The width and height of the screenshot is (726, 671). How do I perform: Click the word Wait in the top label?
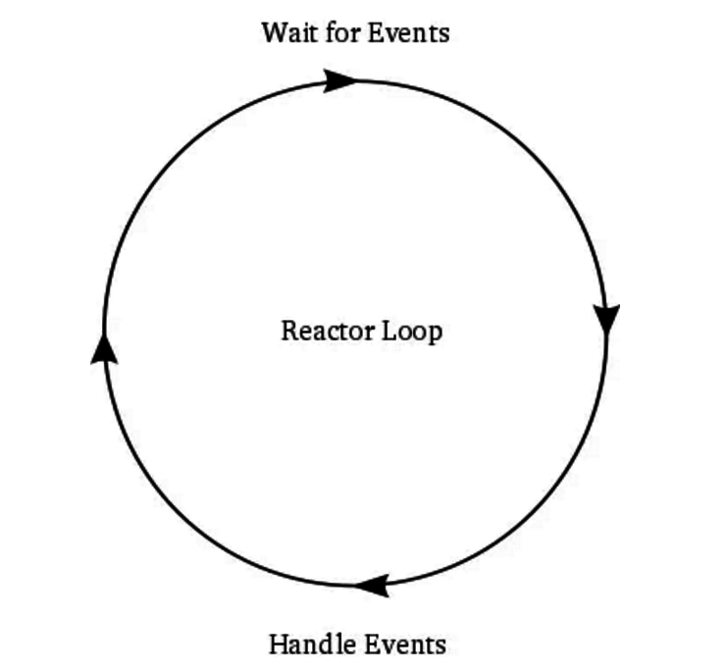[285, 32]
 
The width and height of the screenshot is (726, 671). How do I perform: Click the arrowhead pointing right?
[340, 79]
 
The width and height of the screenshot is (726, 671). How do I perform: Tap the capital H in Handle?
[278, 645]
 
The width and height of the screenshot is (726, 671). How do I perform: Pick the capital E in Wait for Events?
[373, 32]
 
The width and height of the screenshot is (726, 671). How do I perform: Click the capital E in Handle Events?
[370, 645]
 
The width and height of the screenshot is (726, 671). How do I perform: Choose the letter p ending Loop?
[435, 334]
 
